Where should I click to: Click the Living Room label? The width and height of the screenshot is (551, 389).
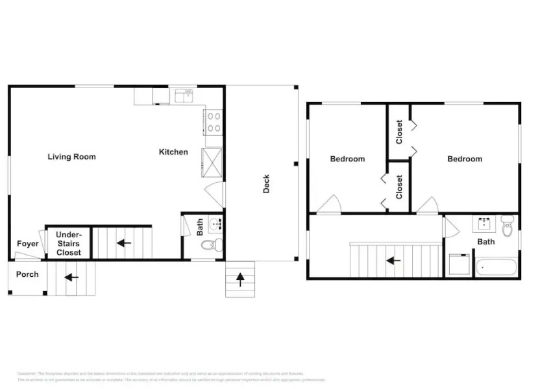(x=71, y=157)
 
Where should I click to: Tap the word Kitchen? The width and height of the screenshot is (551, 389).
(x=173, y=152)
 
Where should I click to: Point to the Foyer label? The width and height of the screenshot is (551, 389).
(x=28, y=244)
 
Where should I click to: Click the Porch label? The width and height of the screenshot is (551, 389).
(x=27, y=274)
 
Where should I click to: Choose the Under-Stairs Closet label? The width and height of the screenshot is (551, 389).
(x=68, y=243)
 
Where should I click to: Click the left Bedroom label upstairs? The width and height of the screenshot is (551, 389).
(x=347, y=159)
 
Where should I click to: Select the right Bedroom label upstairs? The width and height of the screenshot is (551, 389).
(x=464, y=159)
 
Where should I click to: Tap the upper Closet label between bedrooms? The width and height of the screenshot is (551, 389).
(x=399, y=132)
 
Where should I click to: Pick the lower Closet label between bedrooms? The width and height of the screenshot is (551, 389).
(x=399, y=187)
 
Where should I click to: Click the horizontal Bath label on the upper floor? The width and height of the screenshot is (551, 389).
(x=486, y=242)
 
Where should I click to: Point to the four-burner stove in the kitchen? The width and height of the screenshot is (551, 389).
(x=214, y=122)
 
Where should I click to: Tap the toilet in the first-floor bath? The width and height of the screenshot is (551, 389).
(x=210, y=245)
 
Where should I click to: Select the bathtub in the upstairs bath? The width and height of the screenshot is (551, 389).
(x=495, y=267)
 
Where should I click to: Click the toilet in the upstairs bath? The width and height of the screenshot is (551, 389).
(x=507, y=226)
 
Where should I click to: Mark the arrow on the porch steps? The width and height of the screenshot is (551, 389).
(x=71, y=277)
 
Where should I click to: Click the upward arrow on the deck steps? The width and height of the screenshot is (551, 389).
(x=240, y=279)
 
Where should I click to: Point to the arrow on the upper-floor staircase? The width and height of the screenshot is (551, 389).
(x=392, y=261)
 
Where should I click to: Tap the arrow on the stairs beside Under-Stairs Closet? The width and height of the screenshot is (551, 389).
(x=123, y=244)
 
